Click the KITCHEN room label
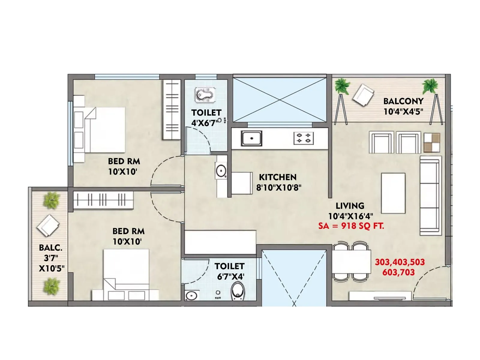point(277,177)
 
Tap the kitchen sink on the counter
point(251,138)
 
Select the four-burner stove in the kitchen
point(303,138)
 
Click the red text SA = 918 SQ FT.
point(351,226)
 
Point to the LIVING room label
point(350,206)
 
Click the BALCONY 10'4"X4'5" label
point(403,106)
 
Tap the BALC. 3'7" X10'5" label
point(51,258)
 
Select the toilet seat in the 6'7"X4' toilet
point(238,291)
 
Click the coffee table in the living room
point(393,193)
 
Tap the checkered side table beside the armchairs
point(432,143)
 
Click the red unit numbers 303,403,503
point(400,262)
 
